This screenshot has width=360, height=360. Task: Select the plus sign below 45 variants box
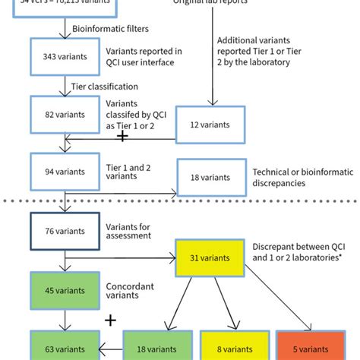coord(110,321)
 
